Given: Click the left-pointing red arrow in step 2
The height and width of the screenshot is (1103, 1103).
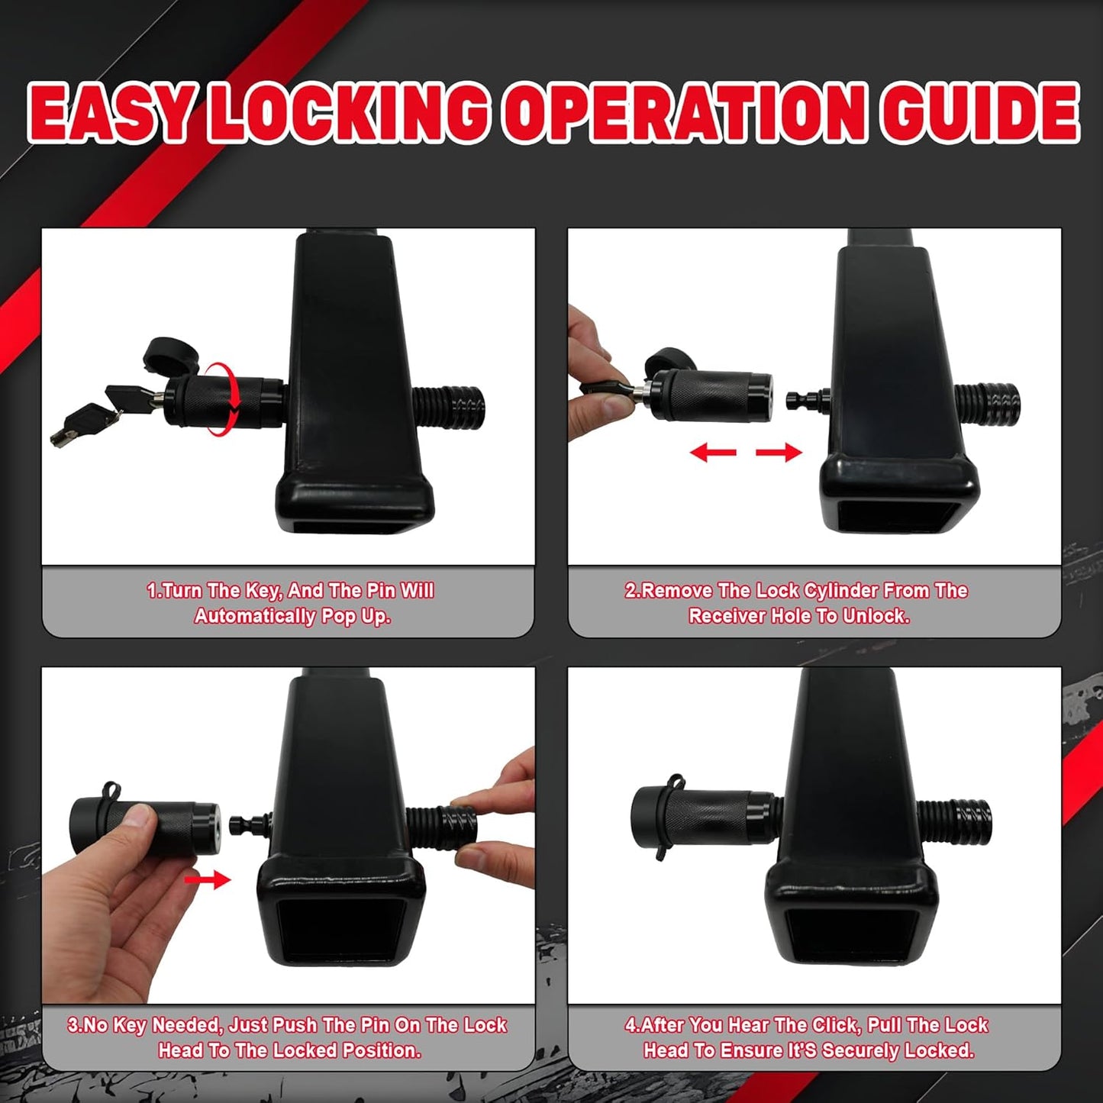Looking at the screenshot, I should pyautogui.click(x=712, y=453).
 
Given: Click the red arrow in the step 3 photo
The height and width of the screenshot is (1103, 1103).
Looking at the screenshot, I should pyautogui.click(x=207, y=879).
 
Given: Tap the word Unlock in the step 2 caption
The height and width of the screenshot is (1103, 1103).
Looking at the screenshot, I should pyautogui.click(x=875, y=617).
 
